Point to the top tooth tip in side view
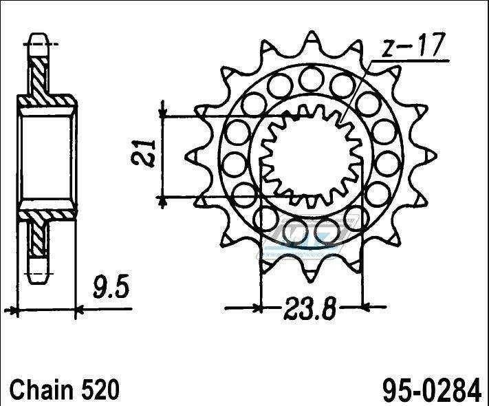click(x=39, y=36)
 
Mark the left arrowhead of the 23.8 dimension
click(x=263, y=304)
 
